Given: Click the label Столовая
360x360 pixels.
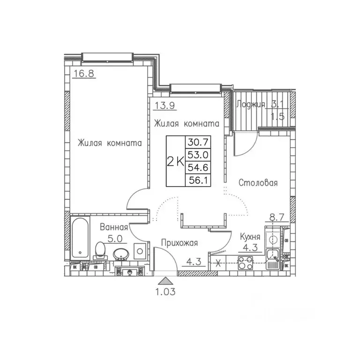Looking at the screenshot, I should [x=257, y=182].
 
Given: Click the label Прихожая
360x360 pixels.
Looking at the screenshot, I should [x=180, y=243].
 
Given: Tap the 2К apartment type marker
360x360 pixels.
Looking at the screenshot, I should [x=175, y=162].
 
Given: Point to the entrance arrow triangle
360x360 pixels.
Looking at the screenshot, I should [x=165, y=281].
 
